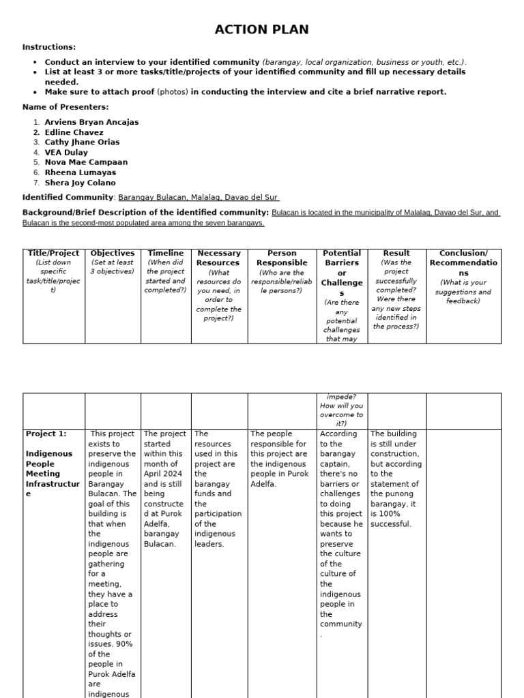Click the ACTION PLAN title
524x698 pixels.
pos(261,29)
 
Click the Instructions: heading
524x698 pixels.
pos(49,47)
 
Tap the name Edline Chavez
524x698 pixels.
pos(74,132)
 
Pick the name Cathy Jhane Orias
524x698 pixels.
pos(82,142)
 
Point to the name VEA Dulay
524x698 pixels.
pos(66,153)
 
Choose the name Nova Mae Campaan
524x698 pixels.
pos(86,162)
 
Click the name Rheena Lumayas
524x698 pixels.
pos(81,172)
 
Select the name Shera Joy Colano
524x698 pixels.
pos(80,183)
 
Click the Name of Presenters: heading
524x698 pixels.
pos(65,107)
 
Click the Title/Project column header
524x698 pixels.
pos(53,254)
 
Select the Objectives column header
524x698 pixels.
pos(113,254)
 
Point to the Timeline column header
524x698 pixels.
pos(166,254)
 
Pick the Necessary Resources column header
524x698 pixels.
pos(218,258)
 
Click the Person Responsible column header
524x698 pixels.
pos(282,258)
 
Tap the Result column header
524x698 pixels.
pos(396,254)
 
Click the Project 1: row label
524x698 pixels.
pos(46,434)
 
